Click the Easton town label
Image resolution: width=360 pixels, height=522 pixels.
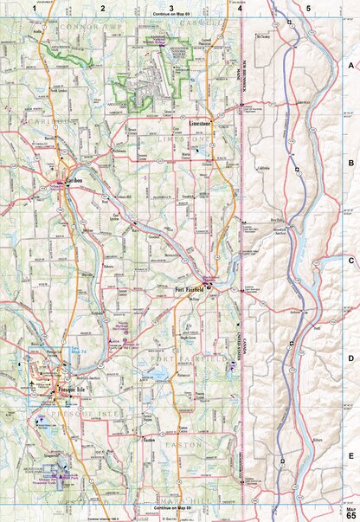point(148,440)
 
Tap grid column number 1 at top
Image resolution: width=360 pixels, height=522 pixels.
point(35,7)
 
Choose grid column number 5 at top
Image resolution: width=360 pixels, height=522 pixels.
point(308,7)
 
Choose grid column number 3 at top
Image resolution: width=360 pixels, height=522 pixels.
point(171,7)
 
